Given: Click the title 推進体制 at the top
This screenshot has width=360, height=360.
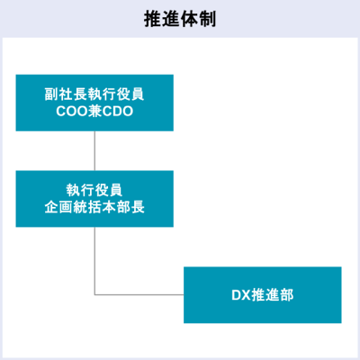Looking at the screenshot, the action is pos(180,19).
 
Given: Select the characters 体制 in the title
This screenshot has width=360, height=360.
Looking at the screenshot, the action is pos(198,19).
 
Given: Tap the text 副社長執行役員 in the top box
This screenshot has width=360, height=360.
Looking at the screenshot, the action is pos(94,94).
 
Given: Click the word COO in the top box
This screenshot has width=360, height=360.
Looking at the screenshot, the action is pos(71,112).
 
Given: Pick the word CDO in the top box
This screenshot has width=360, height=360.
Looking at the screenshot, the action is pos(118,112).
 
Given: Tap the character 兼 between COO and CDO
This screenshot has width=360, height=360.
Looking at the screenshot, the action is pos(94,112).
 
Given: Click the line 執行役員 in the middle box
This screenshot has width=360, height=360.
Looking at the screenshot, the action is pos(94,190).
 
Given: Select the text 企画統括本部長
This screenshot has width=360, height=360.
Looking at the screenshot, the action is pos(94,207).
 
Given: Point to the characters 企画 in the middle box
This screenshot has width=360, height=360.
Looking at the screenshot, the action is pos(58,207).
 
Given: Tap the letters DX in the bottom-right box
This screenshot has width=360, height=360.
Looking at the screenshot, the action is pos(241,295).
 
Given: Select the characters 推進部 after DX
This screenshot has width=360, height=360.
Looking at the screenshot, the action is pos(273,295).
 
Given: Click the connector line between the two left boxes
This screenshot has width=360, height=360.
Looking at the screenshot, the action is pos(94,151).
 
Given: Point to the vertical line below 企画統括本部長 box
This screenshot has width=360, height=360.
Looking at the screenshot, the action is pos(94,261).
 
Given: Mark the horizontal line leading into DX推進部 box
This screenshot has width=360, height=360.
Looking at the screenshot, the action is pos(139,295).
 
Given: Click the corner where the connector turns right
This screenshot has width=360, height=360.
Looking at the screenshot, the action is pos(94,295).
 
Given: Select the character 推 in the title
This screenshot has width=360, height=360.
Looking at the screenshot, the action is pos(153,19).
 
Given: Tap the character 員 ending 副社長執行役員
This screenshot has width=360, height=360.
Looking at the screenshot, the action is pos(138,94).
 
